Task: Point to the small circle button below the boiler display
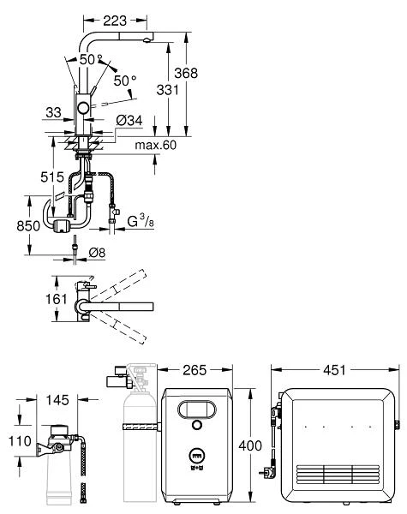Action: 197,426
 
